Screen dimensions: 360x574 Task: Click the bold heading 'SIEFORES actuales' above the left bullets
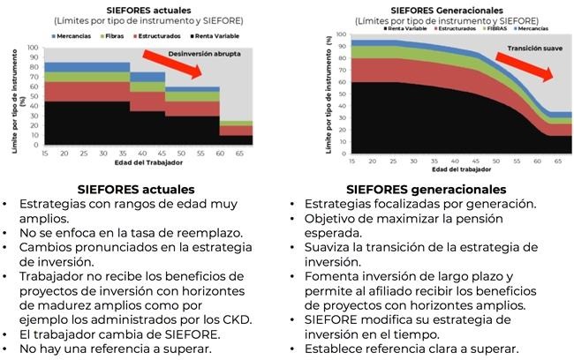pos(136,189)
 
